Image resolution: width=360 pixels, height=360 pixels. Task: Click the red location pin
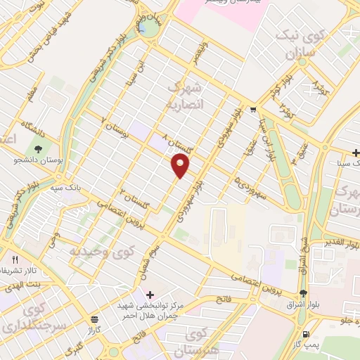point(181,166)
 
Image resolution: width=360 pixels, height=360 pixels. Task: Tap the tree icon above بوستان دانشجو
point(38,149)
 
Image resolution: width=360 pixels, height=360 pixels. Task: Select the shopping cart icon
point(252,110)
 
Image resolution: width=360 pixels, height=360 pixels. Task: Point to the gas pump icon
point(305,334)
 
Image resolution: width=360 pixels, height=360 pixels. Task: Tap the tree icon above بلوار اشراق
point(303,294)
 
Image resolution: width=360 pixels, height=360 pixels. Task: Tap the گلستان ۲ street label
point(131,196)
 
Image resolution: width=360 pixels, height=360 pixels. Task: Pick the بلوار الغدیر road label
point(340,243)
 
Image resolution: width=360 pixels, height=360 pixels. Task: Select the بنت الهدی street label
point(22,281)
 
